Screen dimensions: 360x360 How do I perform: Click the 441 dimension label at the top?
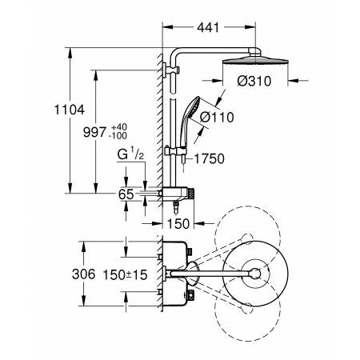pos(208,27)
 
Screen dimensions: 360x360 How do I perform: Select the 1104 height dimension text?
pos(70,110)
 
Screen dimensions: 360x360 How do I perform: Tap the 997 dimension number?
pos(94,132)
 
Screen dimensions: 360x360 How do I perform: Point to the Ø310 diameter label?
pos(254,81)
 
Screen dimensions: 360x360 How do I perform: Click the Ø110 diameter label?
pos(217,117)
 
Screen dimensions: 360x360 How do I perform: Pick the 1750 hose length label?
pos(209,158)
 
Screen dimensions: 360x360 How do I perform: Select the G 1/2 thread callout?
pos(131,154)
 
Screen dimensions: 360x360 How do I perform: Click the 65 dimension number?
pos(126,194)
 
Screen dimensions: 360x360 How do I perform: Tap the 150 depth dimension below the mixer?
pos(178,224)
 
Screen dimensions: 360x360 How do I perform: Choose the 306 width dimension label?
pos(83,274)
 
